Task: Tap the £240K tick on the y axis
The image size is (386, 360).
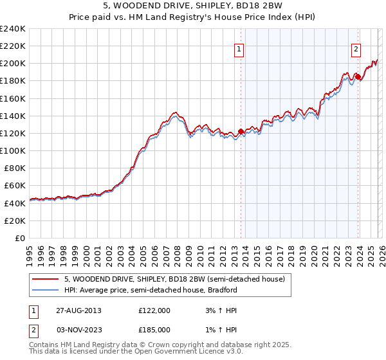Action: (x=13, y=29)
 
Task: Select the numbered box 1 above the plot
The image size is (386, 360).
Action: (x=239, y=48)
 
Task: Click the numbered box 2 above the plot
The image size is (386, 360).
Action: (x=356, y=48)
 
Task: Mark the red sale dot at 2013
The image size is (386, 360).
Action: (x=241, y=131)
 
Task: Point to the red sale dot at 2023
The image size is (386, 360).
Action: (x=358, y=76)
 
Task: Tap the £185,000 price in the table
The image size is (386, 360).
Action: (x=154, y=330)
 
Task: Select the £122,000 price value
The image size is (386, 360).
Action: (x=154, y=310)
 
